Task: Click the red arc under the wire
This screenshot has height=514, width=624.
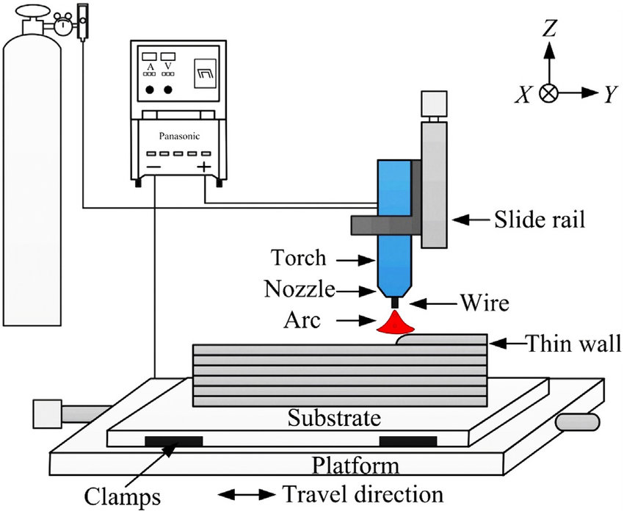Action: [x=395, y=324]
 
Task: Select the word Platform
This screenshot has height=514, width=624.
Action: [x=356, y=466]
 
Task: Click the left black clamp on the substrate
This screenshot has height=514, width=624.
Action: [x=173, y=441]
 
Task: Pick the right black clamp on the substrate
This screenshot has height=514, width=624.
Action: [x=407, y=441]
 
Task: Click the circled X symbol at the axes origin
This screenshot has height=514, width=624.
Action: [x=548, y=93]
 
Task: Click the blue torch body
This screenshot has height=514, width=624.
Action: [x=393, y=220]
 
